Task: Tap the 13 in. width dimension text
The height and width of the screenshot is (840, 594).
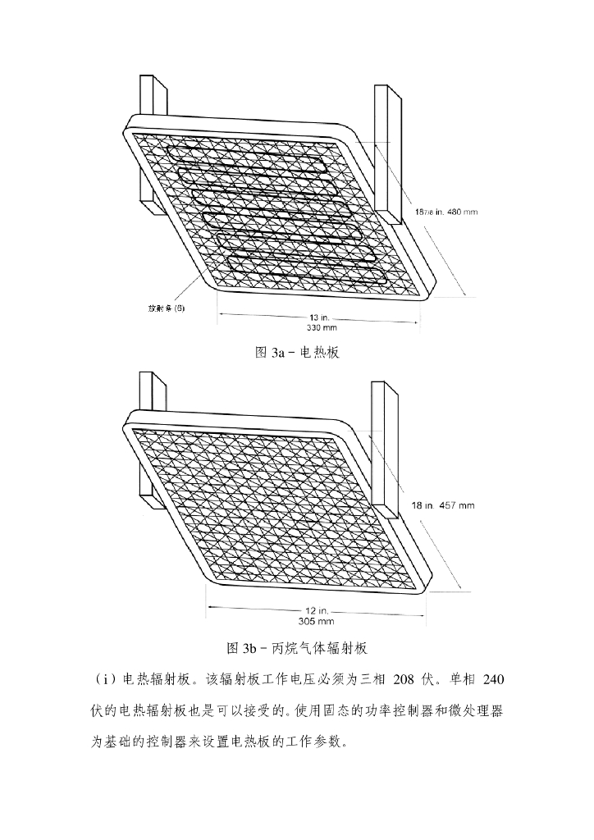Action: (x=319, y=317)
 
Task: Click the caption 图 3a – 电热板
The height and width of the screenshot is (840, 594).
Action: (x=296, y=354)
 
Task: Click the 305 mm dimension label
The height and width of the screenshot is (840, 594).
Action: (x=310, y=622)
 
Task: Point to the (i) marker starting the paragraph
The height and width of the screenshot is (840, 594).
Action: (x=104, y=678)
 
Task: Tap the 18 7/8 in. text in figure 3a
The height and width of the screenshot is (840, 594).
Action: (x=427, y=212)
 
